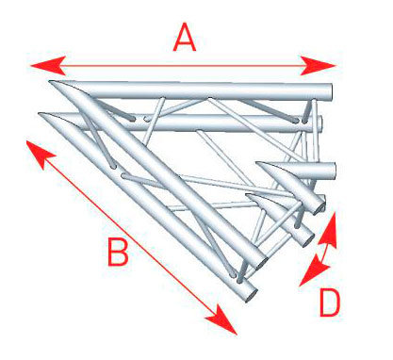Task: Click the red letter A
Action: click(x=185, y=39)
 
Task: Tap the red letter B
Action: click(x=118, y=252)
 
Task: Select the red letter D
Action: click(x=330, y=303)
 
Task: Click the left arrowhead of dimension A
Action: click(x=48, y=66)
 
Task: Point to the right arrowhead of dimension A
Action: click(x=318, y=66)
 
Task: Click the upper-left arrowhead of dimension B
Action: click(x=40, y=154)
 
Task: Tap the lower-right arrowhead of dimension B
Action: click(x=222, y=322)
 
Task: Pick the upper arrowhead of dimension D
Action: click(x=328, y=229)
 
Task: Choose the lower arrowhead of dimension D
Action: click(x=313, y=271)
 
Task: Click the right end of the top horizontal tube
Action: click(x=329, y=91)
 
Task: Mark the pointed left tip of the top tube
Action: click(x=50, y=81)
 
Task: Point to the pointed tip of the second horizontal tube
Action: click(x=40, y=114)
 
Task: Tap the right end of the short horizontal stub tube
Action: click(x=334, y=171)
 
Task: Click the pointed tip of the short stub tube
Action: click(x=257, y=163)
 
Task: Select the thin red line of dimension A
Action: click(x=183, y=66)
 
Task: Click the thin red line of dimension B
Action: click(x=130, y=237)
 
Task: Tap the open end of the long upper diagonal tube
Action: click(x=261, y=262)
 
